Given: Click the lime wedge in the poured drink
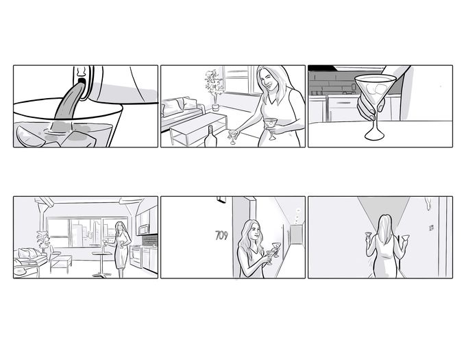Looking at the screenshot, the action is tap(29, 137).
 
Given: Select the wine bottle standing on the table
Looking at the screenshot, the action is tap(210, 136).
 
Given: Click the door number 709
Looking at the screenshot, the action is tap(221, 235).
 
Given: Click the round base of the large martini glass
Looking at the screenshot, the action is tap(374, 136).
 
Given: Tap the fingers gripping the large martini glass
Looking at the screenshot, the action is tap(369, 109).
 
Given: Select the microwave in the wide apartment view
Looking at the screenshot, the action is tap(144, 230).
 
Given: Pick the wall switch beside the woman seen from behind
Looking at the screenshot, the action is tap(431, 228).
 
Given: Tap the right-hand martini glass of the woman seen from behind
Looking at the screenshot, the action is tap(405, 238).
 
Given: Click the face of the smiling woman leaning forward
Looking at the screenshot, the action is tap(267, 80).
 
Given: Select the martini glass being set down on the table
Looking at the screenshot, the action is tap(233, 136).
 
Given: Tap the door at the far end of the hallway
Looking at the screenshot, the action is tap(296, 235).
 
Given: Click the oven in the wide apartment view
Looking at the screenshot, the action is tap(136, 257).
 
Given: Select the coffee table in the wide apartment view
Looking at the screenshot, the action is tap(61, 264).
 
